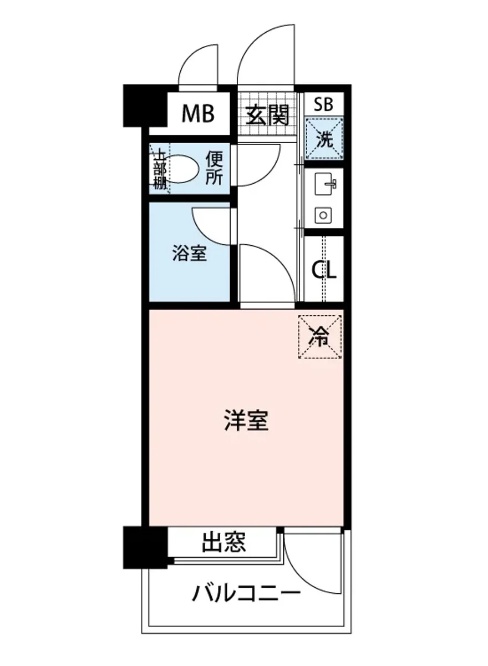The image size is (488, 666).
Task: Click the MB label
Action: click(199, 114)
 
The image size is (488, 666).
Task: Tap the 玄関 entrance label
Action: click(268, 115)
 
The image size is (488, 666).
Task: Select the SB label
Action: click(323, 104)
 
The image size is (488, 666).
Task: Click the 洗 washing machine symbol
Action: click(324, 139)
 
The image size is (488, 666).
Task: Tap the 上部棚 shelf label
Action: click(160, 169)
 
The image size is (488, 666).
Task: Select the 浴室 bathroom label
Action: click(189, 254)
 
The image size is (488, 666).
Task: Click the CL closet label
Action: click(324, 270)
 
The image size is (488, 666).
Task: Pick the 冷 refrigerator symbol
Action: click(321, 336)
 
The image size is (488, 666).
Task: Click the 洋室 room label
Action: click(246, 420)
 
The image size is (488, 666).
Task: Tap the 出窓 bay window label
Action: click(223, 542)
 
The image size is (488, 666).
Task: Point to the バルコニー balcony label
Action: click(246, 596)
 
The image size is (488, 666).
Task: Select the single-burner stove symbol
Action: click(323, 215)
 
